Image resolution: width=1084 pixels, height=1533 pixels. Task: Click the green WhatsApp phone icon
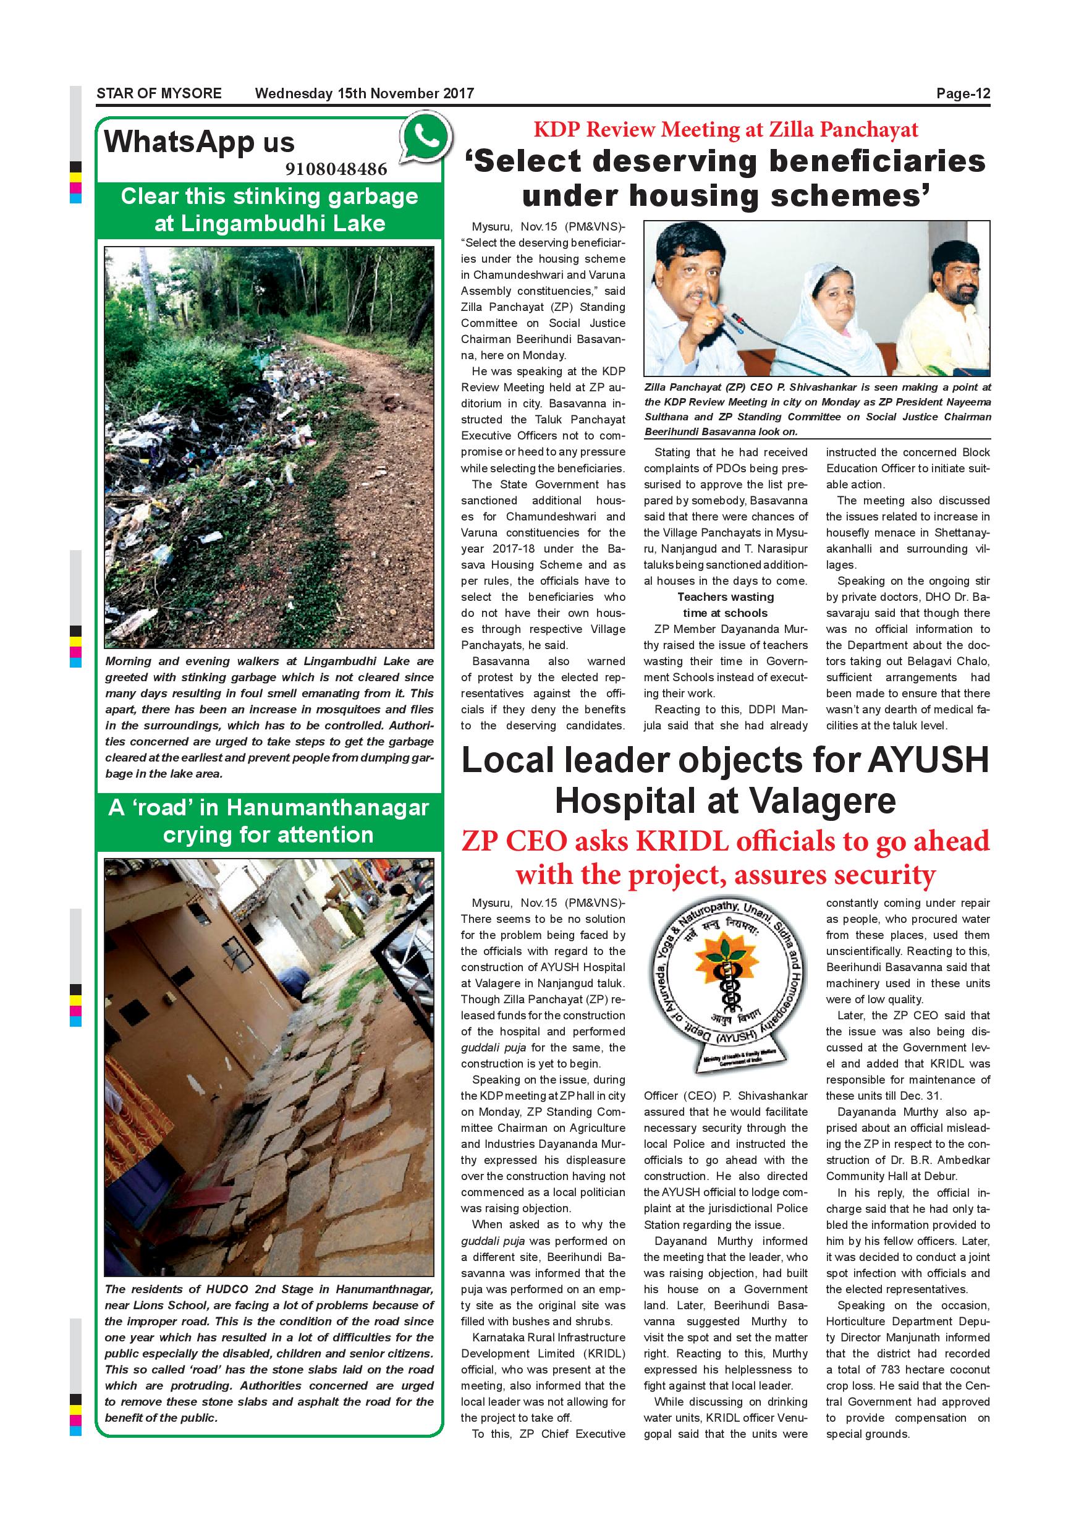pyautogui.click(x=425, y=138)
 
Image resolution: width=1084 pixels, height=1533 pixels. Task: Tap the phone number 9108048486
pyautogui.click(x=336, y=169)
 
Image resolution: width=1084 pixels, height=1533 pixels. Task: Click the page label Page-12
pyautogui.click(x=962, y=93)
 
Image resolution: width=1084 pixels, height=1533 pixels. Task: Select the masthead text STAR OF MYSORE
pyautogui.click(x=159, y=93)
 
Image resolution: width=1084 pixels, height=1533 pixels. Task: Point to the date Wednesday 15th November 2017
pyautogui.click(x=365, y=93)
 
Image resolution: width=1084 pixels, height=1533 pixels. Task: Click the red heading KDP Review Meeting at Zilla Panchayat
pyautogui.click(x=726, y=130)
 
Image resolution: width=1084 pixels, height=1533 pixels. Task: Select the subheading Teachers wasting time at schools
pyautogui.click(x=725, y=605)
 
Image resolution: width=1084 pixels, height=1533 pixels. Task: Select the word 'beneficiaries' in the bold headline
pyautogui.click(x=836, y=161)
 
